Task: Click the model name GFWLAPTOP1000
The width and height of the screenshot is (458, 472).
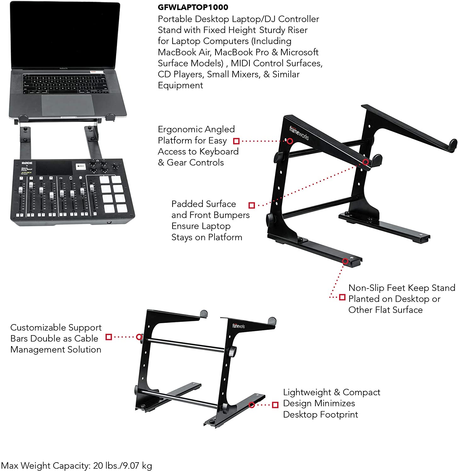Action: pyautogui.click(x=193, y=7)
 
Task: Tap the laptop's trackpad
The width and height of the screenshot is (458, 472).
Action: pyautogui.click(x=68, y=104)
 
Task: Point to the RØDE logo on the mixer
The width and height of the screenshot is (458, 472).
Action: pyautogui.click(x=27, y=163)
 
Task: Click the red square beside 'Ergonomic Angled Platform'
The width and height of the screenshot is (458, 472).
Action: pyautogui.click(x=236, y=141)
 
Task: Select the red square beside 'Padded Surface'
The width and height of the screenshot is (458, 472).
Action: pyautogui.click(x=251, y=205)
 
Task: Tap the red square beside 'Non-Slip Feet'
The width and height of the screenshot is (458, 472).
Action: pyautogui.click(x=342, y=297)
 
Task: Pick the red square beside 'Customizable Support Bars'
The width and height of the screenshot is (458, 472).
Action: pyautogui.click(x=109, y=337)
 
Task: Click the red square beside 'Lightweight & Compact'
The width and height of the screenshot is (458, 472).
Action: pyautogui.click(x=275, y=405)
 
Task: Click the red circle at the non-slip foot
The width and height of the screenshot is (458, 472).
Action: pyautogui.click(x=345, y=261)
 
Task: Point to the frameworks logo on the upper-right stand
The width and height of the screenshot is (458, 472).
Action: pyautogui.click(x=299, y=133)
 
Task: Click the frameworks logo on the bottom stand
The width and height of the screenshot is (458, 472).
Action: pyautogui.click(x=238, y=326)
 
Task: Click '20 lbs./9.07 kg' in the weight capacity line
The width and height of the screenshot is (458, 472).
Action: pyautogui.click(x=123, y=465)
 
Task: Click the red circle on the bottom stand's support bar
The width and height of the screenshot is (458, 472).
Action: pyautogui.click(x=139, y=337)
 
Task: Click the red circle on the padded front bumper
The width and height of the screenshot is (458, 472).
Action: pyautogui.click(x=365, y=162)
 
